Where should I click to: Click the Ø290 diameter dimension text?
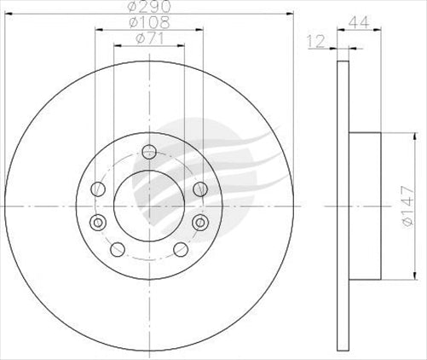147,7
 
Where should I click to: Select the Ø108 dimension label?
147,22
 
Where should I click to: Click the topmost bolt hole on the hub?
149,153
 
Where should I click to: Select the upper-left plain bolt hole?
98,189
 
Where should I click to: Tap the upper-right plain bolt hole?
199,189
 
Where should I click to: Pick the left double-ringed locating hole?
96,223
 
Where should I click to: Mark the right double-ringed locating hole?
201,223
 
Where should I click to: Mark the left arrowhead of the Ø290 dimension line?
9,15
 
